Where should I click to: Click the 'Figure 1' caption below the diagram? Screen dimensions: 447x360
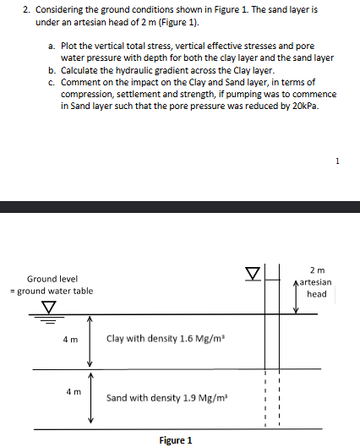(x=176, y=440)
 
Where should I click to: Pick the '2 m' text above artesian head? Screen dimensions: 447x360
(x=317, y=269)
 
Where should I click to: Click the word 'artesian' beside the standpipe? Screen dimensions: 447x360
(x=315, y=281)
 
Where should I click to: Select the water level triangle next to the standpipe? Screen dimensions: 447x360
(x=251, y=272)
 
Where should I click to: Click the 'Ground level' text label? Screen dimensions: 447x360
(x=52, y=279)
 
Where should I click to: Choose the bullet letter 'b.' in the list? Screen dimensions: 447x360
(x=52, y=70)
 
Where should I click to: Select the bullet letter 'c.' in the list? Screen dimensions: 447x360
(x=52, y=82)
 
